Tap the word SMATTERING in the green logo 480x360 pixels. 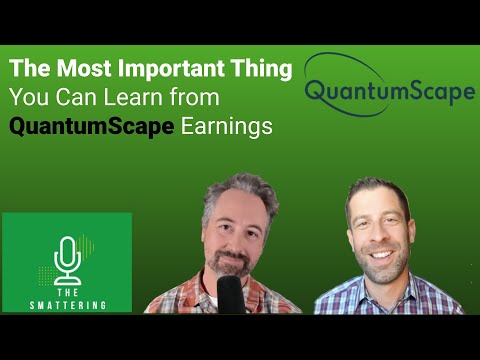[x=67, y=297]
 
